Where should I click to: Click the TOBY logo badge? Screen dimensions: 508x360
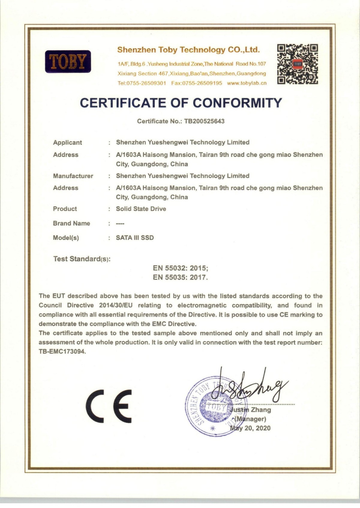click(x=68, y=61)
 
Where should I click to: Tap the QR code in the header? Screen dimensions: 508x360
click(x=298, y=64)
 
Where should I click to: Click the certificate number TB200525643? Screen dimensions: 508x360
click(x=204, y=121)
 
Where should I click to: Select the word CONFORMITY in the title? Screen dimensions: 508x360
click(x=237, y=103)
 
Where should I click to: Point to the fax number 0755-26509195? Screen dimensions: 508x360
click(x=197, y=83)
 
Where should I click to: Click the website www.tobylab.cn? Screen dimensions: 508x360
click(x=247, y=83)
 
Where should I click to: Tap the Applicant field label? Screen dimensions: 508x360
click(x=67, y=142)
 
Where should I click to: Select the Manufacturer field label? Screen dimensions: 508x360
click(x=73, y=176)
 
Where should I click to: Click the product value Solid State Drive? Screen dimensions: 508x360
click(x=141, y=209)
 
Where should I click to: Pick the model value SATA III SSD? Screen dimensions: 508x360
click(x=135, y=238)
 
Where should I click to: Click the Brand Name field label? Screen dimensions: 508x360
click(x=71, y=223)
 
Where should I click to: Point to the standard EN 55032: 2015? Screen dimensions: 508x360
click(x=180, y=268)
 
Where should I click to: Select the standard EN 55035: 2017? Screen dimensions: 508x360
click(x=180, y=277)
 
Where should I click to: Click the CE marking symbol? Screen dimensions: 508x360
click(x=109, y=406)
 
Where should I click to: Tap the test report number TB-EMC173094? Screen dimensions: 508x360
click(x=62, y=352)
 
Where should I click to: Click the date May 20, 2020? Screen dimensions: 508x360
click(x=250, y=428)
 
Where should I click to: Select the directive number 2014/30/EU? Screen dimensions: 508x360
click(x=116, y=305)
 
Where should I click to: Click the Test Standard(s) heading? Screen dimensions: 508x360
click(x=82, y=259)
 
